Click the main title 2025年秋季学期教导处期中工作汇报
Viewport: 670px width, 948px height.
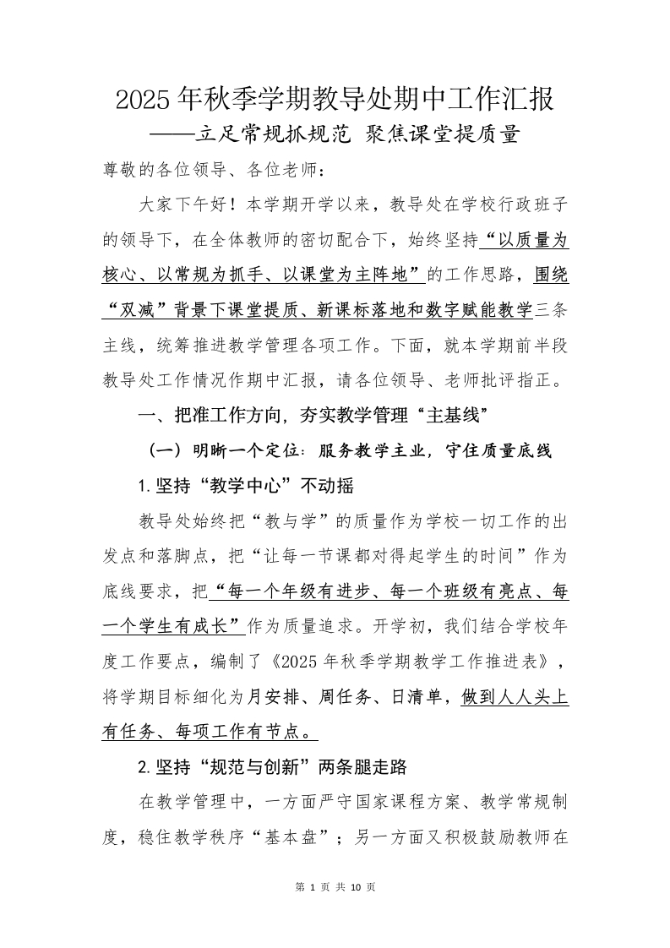tap(335, 100)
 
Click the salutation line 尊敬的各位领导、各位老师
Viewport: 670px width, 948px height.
tap(213, 170)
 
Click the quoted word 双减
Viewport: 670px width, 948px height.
tap(138, 310)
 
